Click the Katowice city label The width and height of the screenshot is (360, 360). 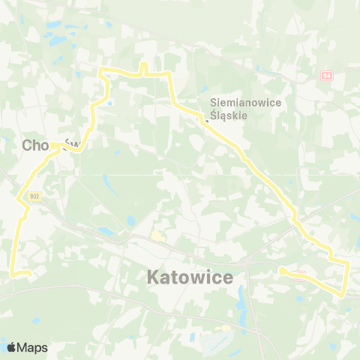pos(190,277)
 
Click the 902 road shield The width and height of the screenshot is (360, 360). pos(34,196)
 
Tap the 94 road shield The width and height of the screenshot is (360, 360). pos(326,76)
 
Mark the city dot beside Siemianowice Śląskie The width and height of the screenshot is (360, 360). pos(207,118)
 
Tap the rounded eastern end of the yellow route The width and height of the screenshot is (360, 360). pos(281,271)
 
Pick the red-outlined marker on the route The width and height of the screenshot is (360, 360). pos(299,275)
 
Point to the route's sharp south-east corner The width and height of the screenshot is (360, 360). pos(343,295)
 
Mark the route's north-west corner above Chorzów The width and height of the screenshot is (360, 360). pos(102,70)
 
